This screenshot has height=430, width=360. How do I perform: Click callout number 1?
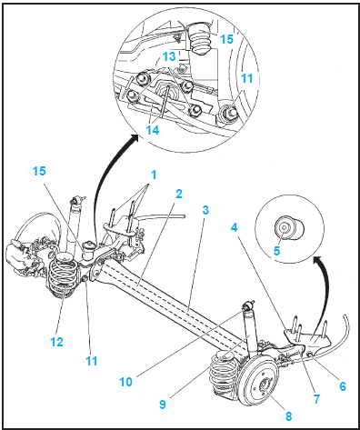(154, 175)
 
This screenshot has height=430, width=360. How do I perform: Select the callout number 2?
(179, 194)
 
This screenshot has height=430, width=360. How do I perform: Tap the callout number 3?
(205, 210)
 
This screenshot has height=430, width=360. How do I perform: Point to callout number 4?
(235, 227)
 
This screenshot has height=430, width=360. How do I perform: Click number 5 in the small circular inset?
(276, 251)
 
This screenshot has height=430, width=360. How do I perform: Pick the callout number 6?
(343, 386)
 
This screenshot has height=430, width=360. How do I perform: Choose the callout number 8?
(289, 416)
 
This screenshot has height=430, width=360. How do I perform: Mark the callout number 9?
(163, 404)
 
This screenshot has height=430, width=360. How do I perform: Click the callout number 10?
(125, 382)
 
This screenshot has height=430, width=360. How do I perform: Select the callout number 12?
(56, 342)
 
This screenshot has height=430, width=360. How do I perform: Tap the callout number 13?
(169, 56)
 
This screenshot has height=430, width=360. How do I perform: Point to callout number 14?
(153, 130)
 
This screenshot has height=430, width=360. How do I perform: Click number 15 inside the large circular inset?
(226, 39)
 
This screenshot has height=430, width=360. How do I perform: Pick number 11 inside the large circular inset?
(246, 78)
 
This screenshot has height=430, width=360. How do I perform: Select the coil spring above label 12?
(63, 275)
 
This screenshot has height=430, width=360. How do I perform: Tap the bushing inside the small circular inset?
(288, 227)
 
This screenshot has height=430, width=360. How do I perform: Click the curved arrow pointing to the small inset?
(326, 291)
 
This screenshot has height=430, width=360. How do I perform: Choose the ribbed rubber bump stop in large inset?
(200, 39)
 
